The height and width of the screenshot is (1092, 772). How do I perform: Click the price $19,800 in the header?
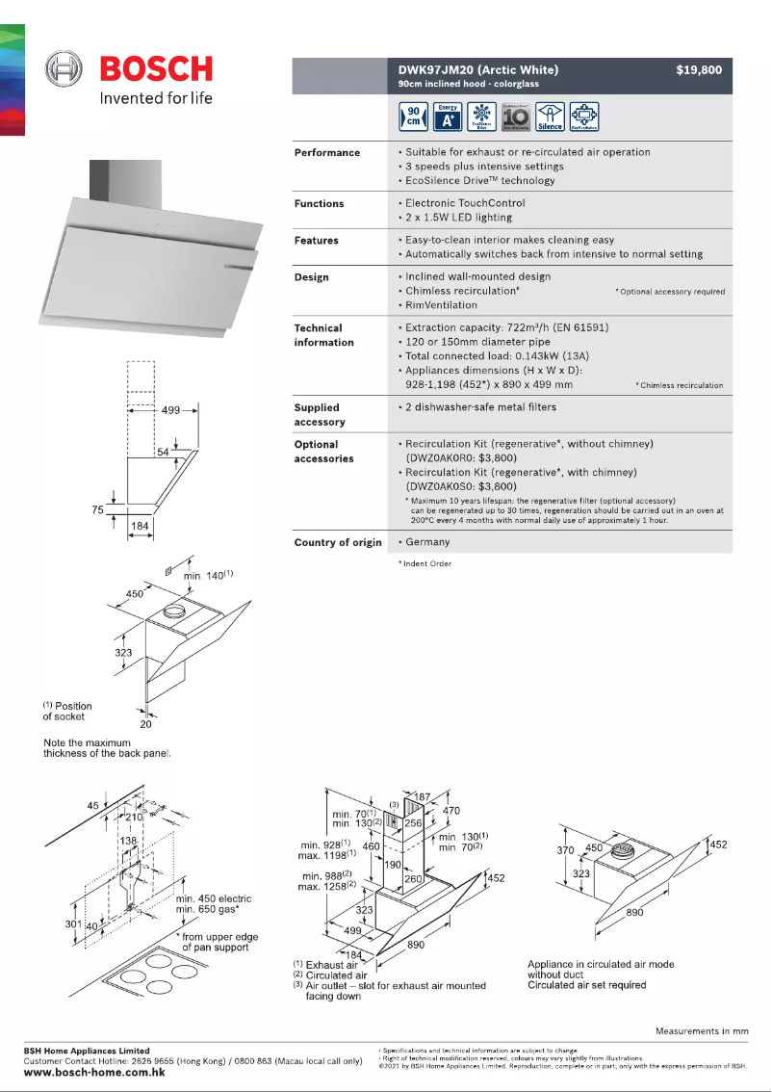tap(698, 70)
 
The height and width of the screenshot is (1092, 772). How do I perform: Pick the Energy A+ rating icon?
tap(448, 117)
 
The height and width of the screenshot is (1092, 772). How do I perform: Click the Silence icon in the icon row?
tap(550, 117)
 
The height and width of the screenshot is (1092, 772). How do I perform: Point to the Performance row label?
tap(326, 153)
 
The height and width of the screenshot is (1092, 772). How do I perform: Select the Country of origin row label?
tap(337, 543)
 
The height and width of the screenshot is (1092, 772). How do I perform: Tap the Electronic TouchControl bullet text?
tap(465, 204)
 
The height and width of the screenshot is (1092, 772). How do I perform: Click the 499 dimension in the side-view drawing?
tap(171, 410)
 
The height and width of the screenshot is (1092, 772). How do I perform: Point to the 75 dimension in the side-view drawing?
tap(97, 510)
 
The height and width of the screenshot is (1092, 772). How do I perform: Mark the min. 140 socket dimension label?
tap(208, 575)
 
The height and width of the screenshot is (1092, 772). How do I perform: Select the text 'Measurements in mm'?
tap(702, 1031)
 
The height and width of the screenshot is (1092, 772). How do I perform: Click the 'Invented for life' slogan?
tap(156, 98)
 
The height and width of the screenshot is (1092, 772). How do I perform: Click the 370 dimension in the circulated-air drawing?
tap(566, 849)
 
